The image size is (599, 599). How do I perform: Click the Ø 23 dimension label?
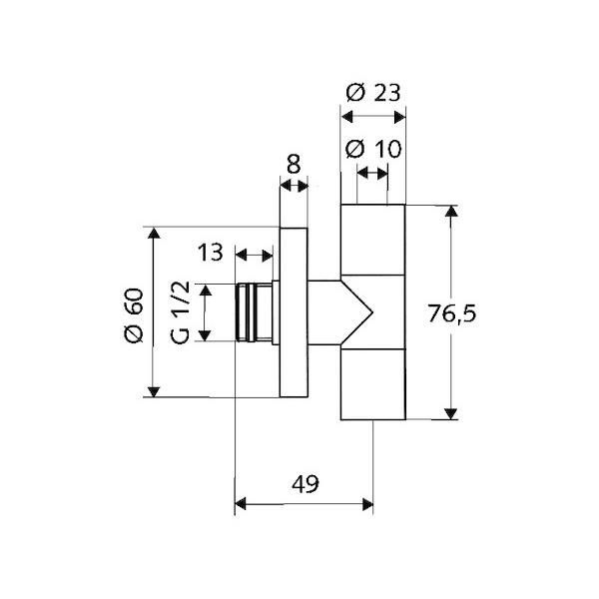pos(373,93)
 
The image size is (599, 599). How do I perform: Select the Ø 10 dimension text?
pos(373,149)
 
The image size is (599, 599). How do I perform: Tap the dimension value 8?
pos(294,165)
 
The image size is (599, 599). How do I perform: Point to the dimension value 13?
pos(210,253)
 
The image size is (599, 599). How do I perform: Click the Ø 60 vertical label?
pos(134,315)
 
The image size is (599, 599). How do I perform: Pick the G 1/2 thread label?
pos(180,312)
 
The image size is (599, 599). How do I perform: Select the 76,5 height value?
pos(452,313)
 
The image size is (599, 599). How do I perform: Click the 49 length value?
pos(305,484)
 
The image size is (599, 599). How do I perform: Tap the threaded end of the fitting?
pos(254,312)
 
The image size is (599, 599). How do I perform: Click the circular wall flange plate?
pos(294,312)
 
